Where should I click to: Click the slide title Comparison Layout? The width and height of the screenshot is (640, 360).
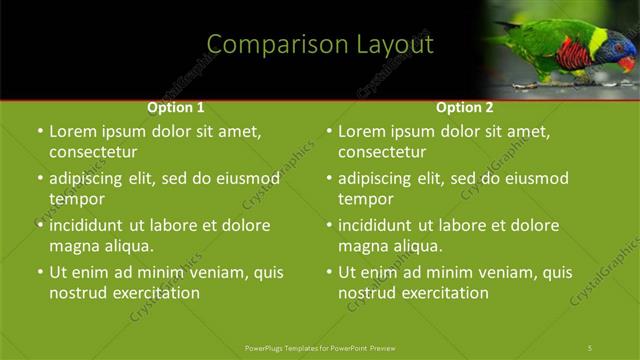[320, 45]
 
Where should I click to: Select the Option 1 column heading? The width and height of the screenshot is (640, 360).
[176, 107]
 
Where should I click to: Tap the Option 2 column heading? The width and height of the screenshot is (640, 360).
[465, 107]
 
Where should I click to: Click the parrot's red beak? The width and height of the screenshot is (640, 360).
[627, 63]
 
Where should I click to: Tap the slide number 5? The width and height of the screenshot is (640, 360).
[590, 347]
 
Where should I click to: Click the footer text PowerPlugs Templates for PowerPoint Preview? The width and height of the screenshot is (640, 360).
[320, 347]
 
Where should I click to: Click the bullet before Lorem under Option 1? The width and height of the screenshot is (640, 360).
[40, 131]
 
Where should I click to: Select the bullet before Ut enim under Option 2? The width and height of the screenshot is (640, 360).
[329, 272]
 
